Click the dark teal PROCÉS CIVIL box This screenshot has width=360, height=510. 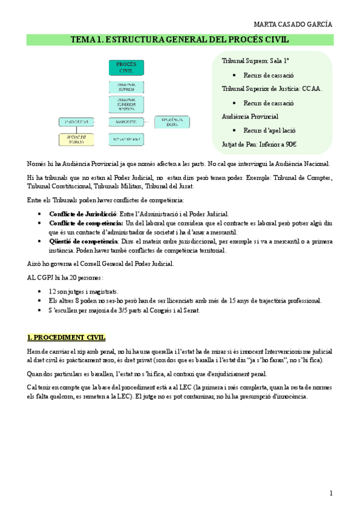(x=126, y=67)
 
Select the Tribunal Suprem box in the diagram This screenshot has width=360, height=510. (x=126, y=86)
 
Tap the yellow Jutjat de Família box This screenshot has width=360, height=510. (x=76, y=139)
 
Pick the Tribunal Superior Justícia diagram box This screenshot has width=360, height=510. (x=126, y=105)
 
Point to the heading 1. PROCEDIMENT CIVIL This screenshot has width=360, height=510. (x=66, y=337)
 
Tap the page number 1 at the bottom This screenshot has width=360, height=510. (x=331, y=493)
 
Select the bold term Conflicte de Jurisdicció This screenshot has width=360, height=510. (x=84, y=214)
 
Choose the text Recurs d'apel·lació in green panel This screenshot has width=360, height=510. (x=270, y=131)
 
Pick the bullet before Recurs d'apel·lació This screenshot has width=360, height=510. (x=233, y=131)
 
